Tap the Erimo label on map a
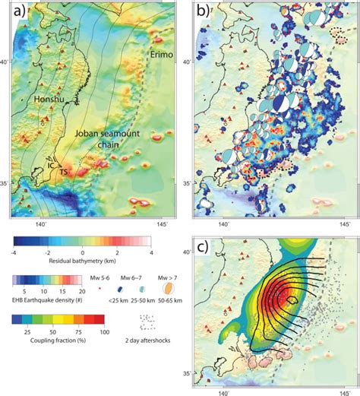(x=160, y=55)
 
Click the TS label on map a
(x=62, y=171)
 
